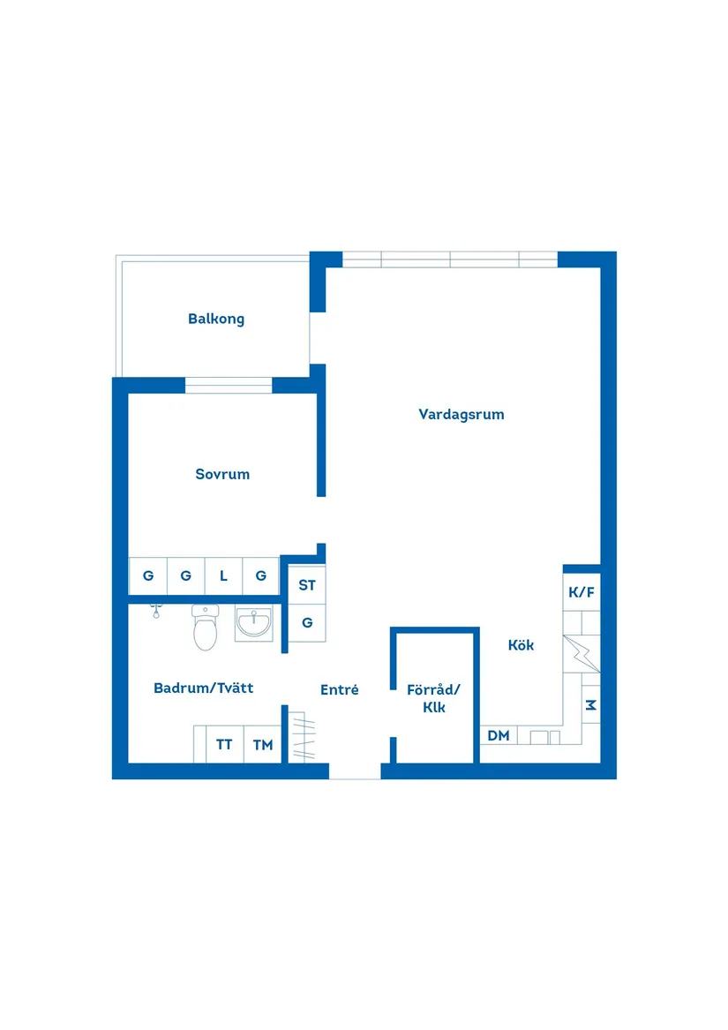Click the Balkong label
216,319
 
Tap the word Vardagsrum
462,414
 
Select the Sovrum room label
222,474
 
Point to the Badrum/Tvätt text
203,688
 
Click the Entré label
340,690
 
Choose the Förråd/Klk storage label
434,698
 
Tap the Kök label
521,645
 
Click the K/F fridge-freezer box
582,592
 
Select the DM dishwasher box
499,735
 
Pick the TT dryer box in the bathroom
225,745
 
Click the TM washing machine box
263,745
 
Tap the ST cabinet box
307,585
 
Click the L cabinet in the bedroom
223,576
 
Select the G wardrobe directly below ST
307,622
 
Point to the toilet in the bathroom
206,628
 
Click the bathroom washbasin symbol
254,624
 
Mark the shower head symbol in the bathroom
155,610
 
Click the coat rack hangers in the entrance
304,736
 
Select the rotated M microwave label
590,705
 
